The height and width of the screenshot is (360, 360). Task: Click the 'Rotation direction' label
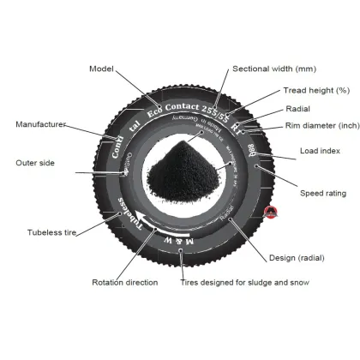click(x=124, y=282)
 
